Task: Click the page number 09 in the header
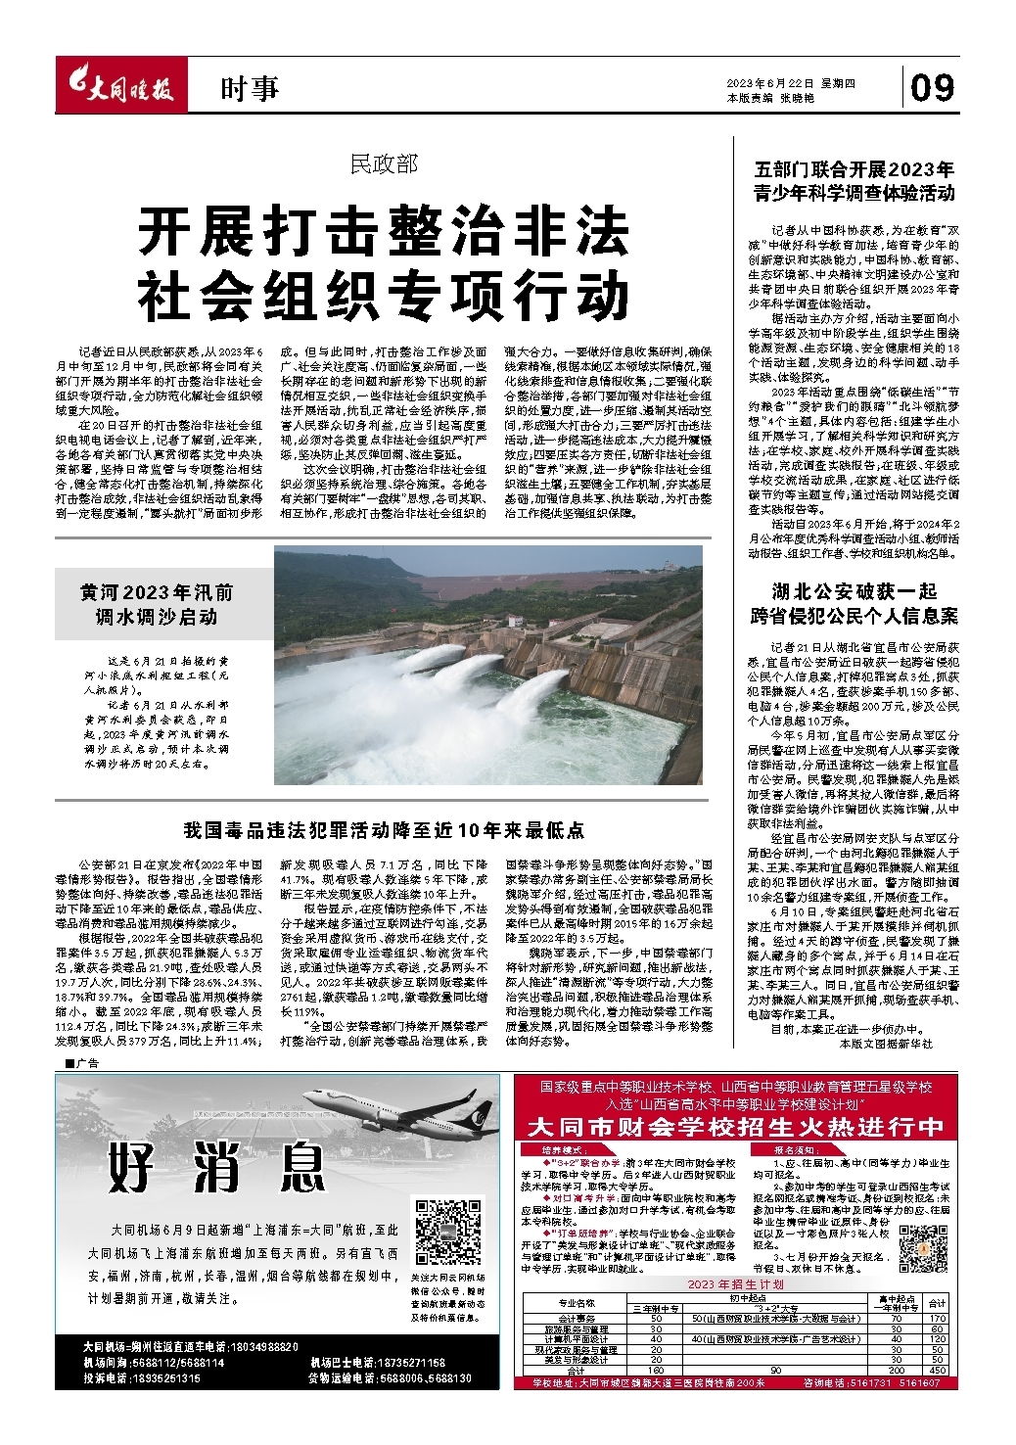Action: (x=931, y=88)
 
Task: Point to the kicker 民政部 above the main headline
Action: (x=384, y=164)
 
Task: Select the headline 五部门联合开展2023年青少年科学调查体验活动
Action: (x=854, y=181)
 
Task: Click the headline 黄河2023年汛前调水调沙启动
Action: (x=157, y=605)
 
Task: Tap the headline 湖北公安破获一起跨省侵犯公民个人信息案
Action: (x=854, y=603)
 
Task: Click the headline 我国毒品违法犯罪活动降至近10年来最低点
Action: (x=384, y=830)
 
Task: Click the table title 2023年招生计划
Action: (x=736, y=1283)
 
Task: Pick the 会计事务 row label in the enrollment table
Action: (x=576, y=1319)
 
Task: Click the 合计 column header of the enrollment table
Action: (x=937, y=1303)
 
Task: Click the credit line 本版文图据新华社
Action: (x=886, y=1044)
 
